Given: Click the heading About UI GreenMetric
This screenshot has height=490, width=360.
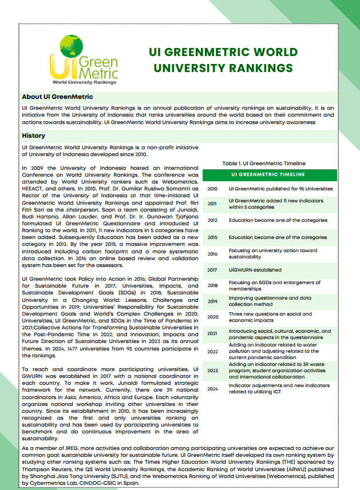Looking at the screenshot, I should pos(57,97).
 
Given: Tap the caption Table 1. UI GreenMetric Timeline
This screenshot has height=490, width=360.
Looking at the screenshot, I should pos(263,164).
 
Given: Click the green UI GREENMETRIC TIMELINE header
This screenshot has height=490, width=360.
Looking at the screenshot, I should pos(268,174).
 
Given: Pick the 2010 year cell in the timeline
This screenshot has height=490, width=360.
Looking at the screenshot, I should pos(212,188).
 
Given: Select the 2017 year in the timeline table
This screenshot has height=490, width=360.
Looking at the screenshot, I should pos(212,270).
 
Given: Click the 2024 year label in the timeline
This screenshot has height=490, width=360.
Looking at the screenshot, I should pos(212,389).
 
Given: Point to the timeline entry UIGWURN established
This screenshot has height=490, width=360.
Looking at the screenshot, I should pos(256,270).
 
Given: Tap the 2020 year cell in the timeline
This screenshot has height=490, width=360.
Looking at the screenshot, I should pos(212,317).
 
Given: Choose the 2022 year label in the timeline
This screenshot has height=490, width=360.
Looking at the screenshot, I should pos(212,351).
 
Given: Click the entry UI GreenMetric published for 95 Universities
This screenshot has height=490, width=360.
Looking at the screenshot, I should pos(280,188).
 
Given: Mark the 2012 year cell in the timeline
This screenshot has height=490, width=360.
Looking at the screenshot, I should pos(212,220).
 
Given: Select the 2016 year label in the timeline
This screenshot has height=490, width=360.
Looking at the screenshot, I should pos(212,253).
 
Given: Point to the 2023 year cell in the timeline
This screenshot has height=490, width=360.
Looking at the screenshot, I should pos(212,371).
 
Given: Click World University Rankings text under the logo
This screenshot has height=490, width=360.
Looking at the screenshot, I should pos(84,82).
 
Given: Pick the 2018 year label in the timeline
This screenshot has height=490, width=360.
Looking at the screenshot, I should pos(212,285).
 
